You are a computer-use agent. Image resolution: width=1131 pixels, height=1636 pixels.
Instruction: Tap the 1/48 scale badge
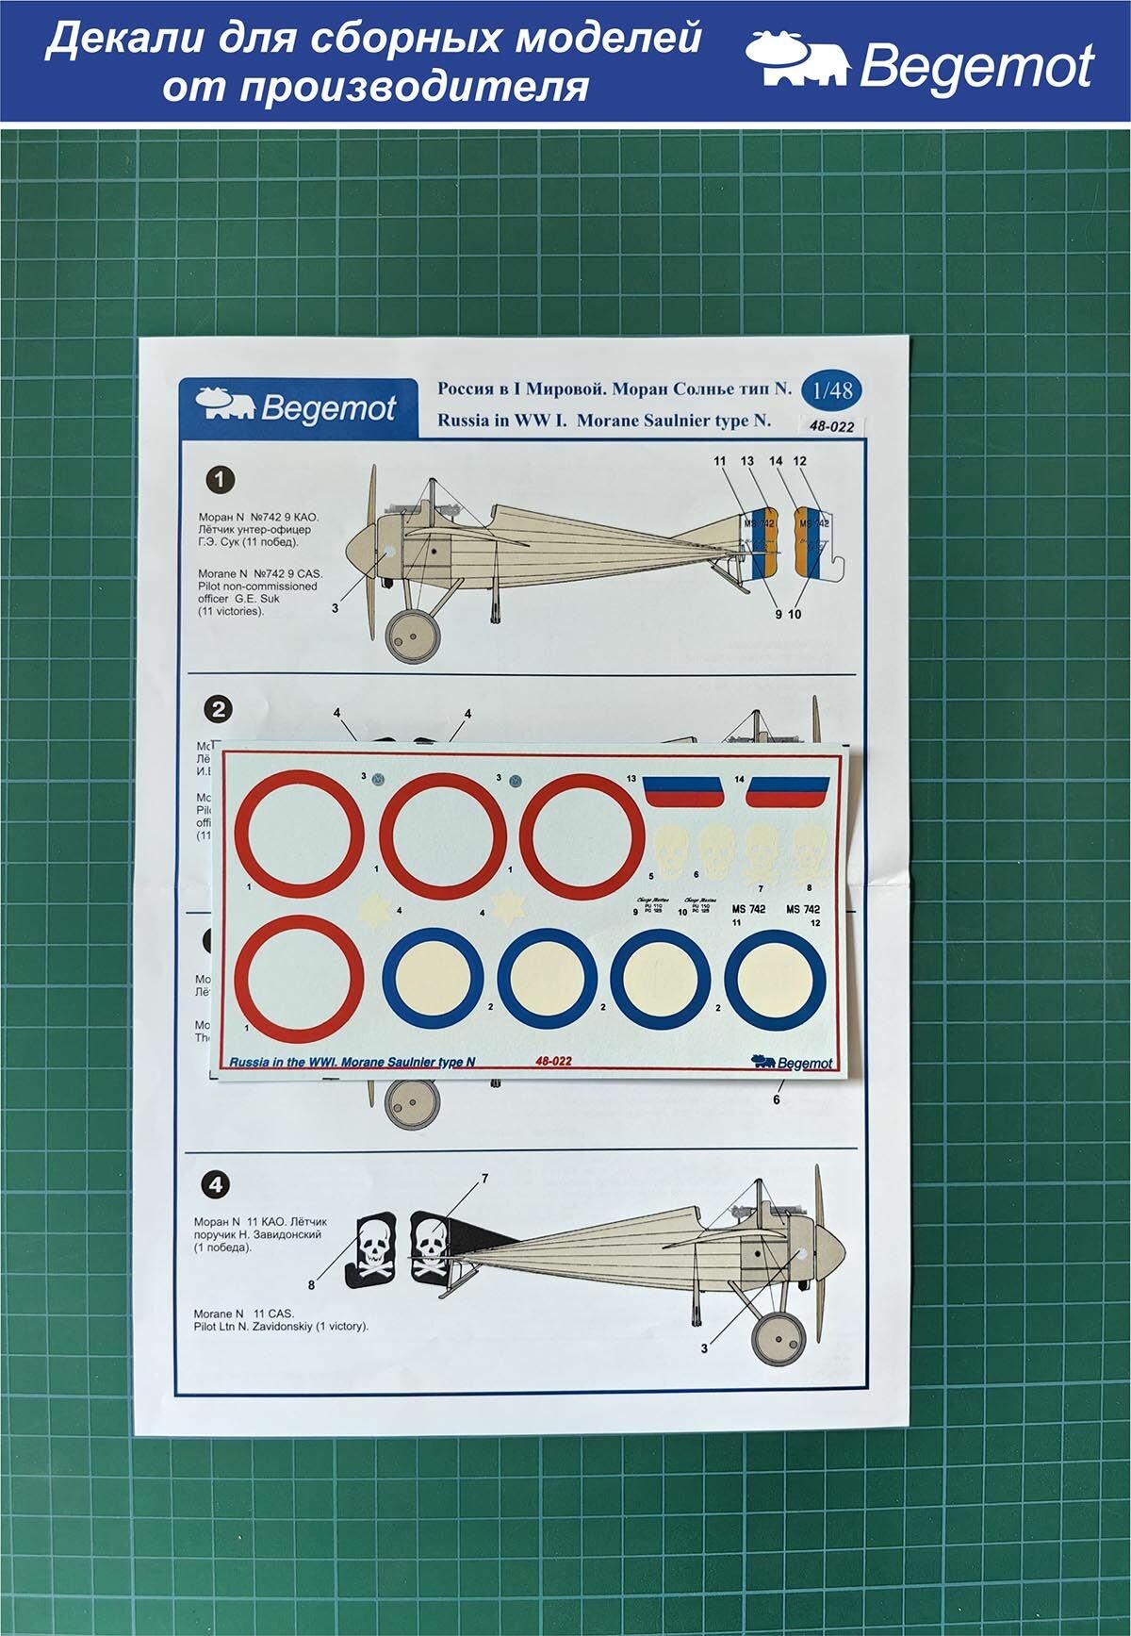point(831,390)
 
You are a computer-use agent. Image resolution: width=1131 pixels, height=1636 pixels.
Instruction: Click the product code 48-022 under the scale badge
point(830,426)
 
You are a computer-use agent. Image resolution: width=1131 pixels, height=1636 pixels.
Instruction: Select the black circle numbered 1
point(220,480)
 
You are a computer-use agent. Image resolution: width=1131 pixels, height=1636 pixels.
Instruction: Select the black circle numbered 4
point(216,1184)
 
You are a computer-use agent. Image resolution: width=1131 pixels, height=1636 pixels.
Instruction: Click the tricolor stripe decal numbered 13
point(682,791)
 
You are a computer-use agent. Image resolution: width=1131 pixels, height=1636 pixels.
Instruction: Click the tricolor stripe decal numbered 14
point(788,791)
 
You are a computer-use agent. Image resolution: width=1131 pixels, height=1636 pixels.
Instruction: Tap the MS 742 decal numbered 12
point(802,909)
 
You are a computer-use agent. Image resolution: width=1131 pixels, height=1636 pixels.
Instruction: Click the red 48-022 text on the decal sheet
point(553,1062)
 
